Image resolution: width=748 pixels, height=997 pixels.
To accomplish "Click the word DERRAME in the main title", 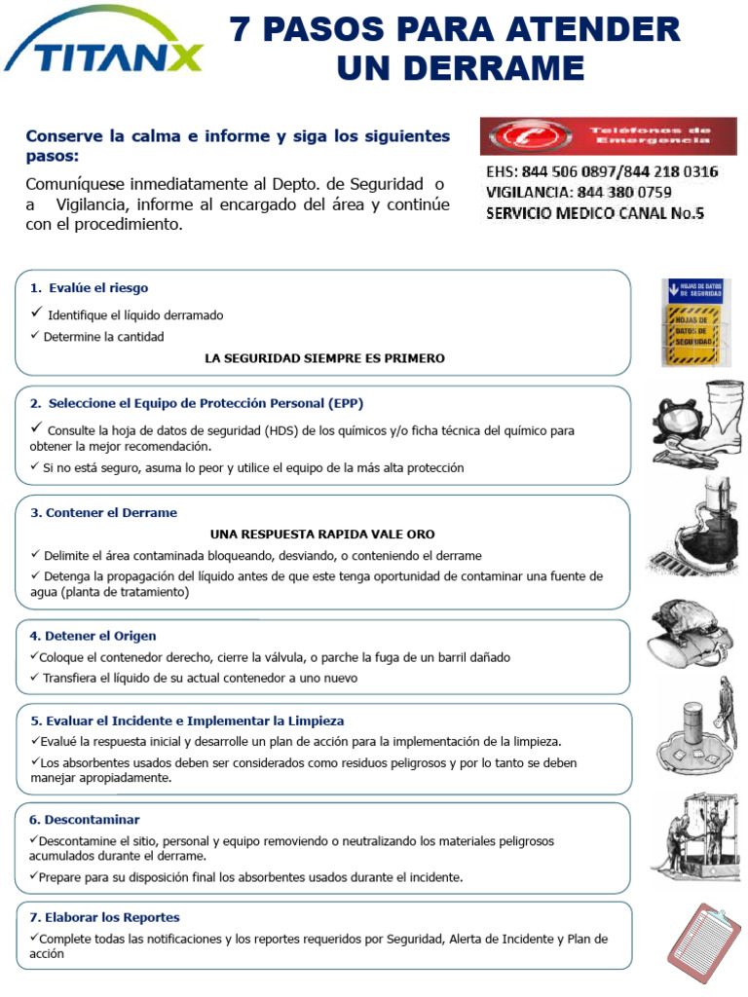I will (461, 69).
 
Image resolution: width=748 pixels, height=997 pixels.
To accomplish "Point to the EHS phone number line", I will (602, 172).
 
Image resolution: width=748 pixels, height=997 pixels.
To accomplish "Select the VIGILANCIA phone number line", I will (579, 192).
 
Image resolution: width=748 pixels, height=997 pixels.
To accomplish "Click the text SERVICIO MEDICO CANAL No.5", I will (594, 211).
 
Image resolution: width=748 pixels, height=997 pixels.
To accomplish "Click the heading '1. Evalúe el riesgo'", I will (89, 288).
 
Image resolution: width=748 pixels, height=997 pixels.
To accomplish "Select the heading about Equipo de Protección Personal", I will (197, 403).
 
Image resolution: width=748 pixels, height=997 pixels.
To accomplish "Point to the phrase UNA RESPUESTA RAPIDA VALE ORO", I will (322, 535).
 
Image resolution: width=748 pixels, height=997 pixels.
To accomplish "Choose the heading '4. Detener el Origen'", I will (93, 636).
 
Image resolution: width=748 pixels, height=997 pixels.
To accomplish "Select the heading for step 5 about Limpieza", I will (187, 721).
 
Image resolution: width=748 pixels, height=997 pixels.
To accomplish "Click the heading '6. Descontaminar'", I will (85, 820).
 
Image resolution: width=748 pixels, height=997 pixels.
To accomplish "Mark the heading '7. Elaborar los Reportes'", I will (104, 917).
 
